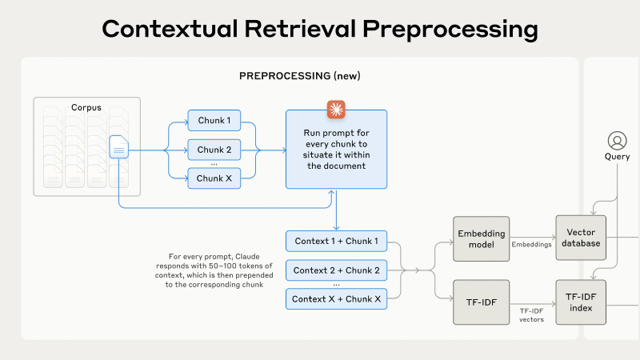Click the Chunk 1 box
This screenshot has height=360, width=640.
coord(214,122)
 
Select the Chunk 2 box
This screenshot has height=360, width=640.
coord(214,150)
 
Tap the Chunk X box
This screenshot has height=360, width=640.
coord(214,178)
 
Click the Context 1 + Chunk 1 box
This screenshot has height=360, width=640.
coord(335,241)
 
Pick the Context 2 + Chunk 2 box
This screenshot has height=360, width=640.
coord(335,270)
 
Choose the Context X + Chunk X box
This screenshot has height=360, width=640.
coord(335,299)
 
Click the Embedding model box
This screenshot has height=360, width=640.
coord(481,238)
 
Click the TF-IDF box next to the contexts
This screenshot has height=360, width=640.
coord(481,302)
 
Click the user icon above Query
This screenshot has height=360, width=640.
coord(617,140)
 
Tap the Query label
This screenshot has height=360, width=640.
coord(617,157)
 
